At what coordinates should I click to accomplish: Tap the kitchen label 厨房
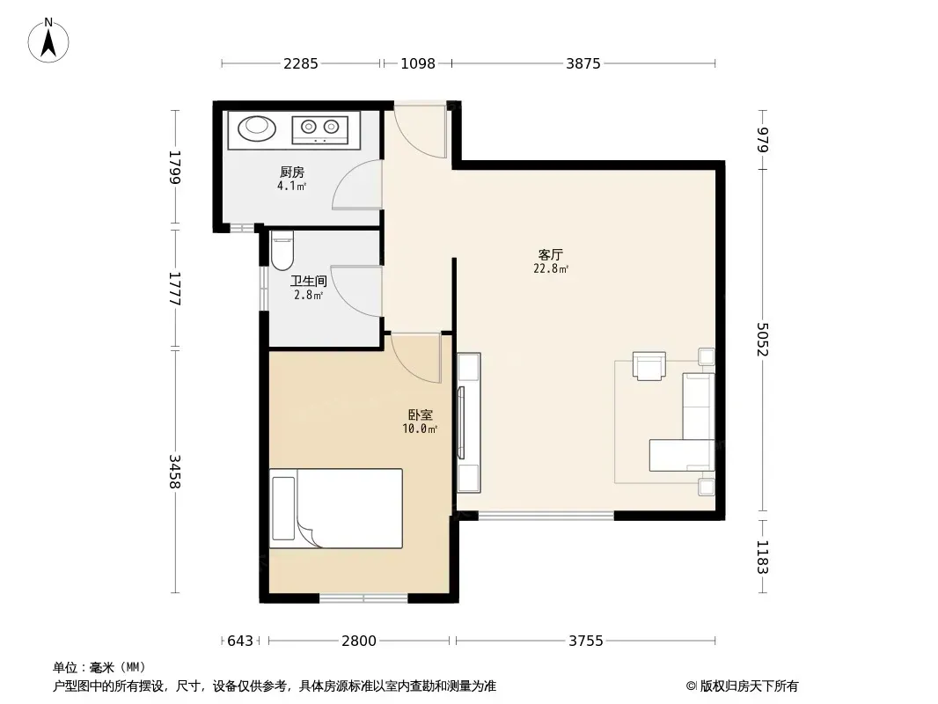coord(292,172)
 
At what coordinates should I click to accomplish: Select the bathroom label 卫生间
coord(309,281)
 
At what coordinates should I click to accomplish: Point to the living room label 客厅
coord(550,255)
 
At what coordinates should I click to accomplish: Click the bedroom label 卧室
coord(421,414)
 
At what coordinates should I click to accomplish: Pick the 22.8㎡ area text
coord(551,269)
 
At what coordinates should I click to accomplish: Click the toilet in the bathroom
coord(282,251)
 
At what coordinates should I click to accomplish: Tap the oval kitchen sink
coord(257,127)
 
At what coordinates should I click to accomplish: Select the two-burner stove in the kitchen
coord(319,127)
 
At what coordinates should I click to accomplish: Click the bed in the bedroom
coord(335,509)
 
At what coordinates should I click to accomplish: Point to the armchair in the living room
coord(649,365)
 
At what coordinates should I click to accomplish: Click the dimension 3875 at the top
coord(583,63)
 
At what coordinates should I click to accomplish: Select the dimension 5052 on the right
coord(762,339)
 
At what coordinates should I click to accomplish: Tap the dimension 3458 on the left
coord(174,472)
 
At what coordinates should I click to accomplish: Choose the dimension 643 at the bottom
coord(240,642)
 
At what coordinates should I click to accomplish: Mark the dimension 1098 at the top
coord(418,63)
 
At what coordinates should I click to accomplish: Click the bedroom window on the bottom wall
coord(363,598)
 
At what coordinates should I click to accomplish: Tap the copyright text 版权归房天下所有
coord(749,686)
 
